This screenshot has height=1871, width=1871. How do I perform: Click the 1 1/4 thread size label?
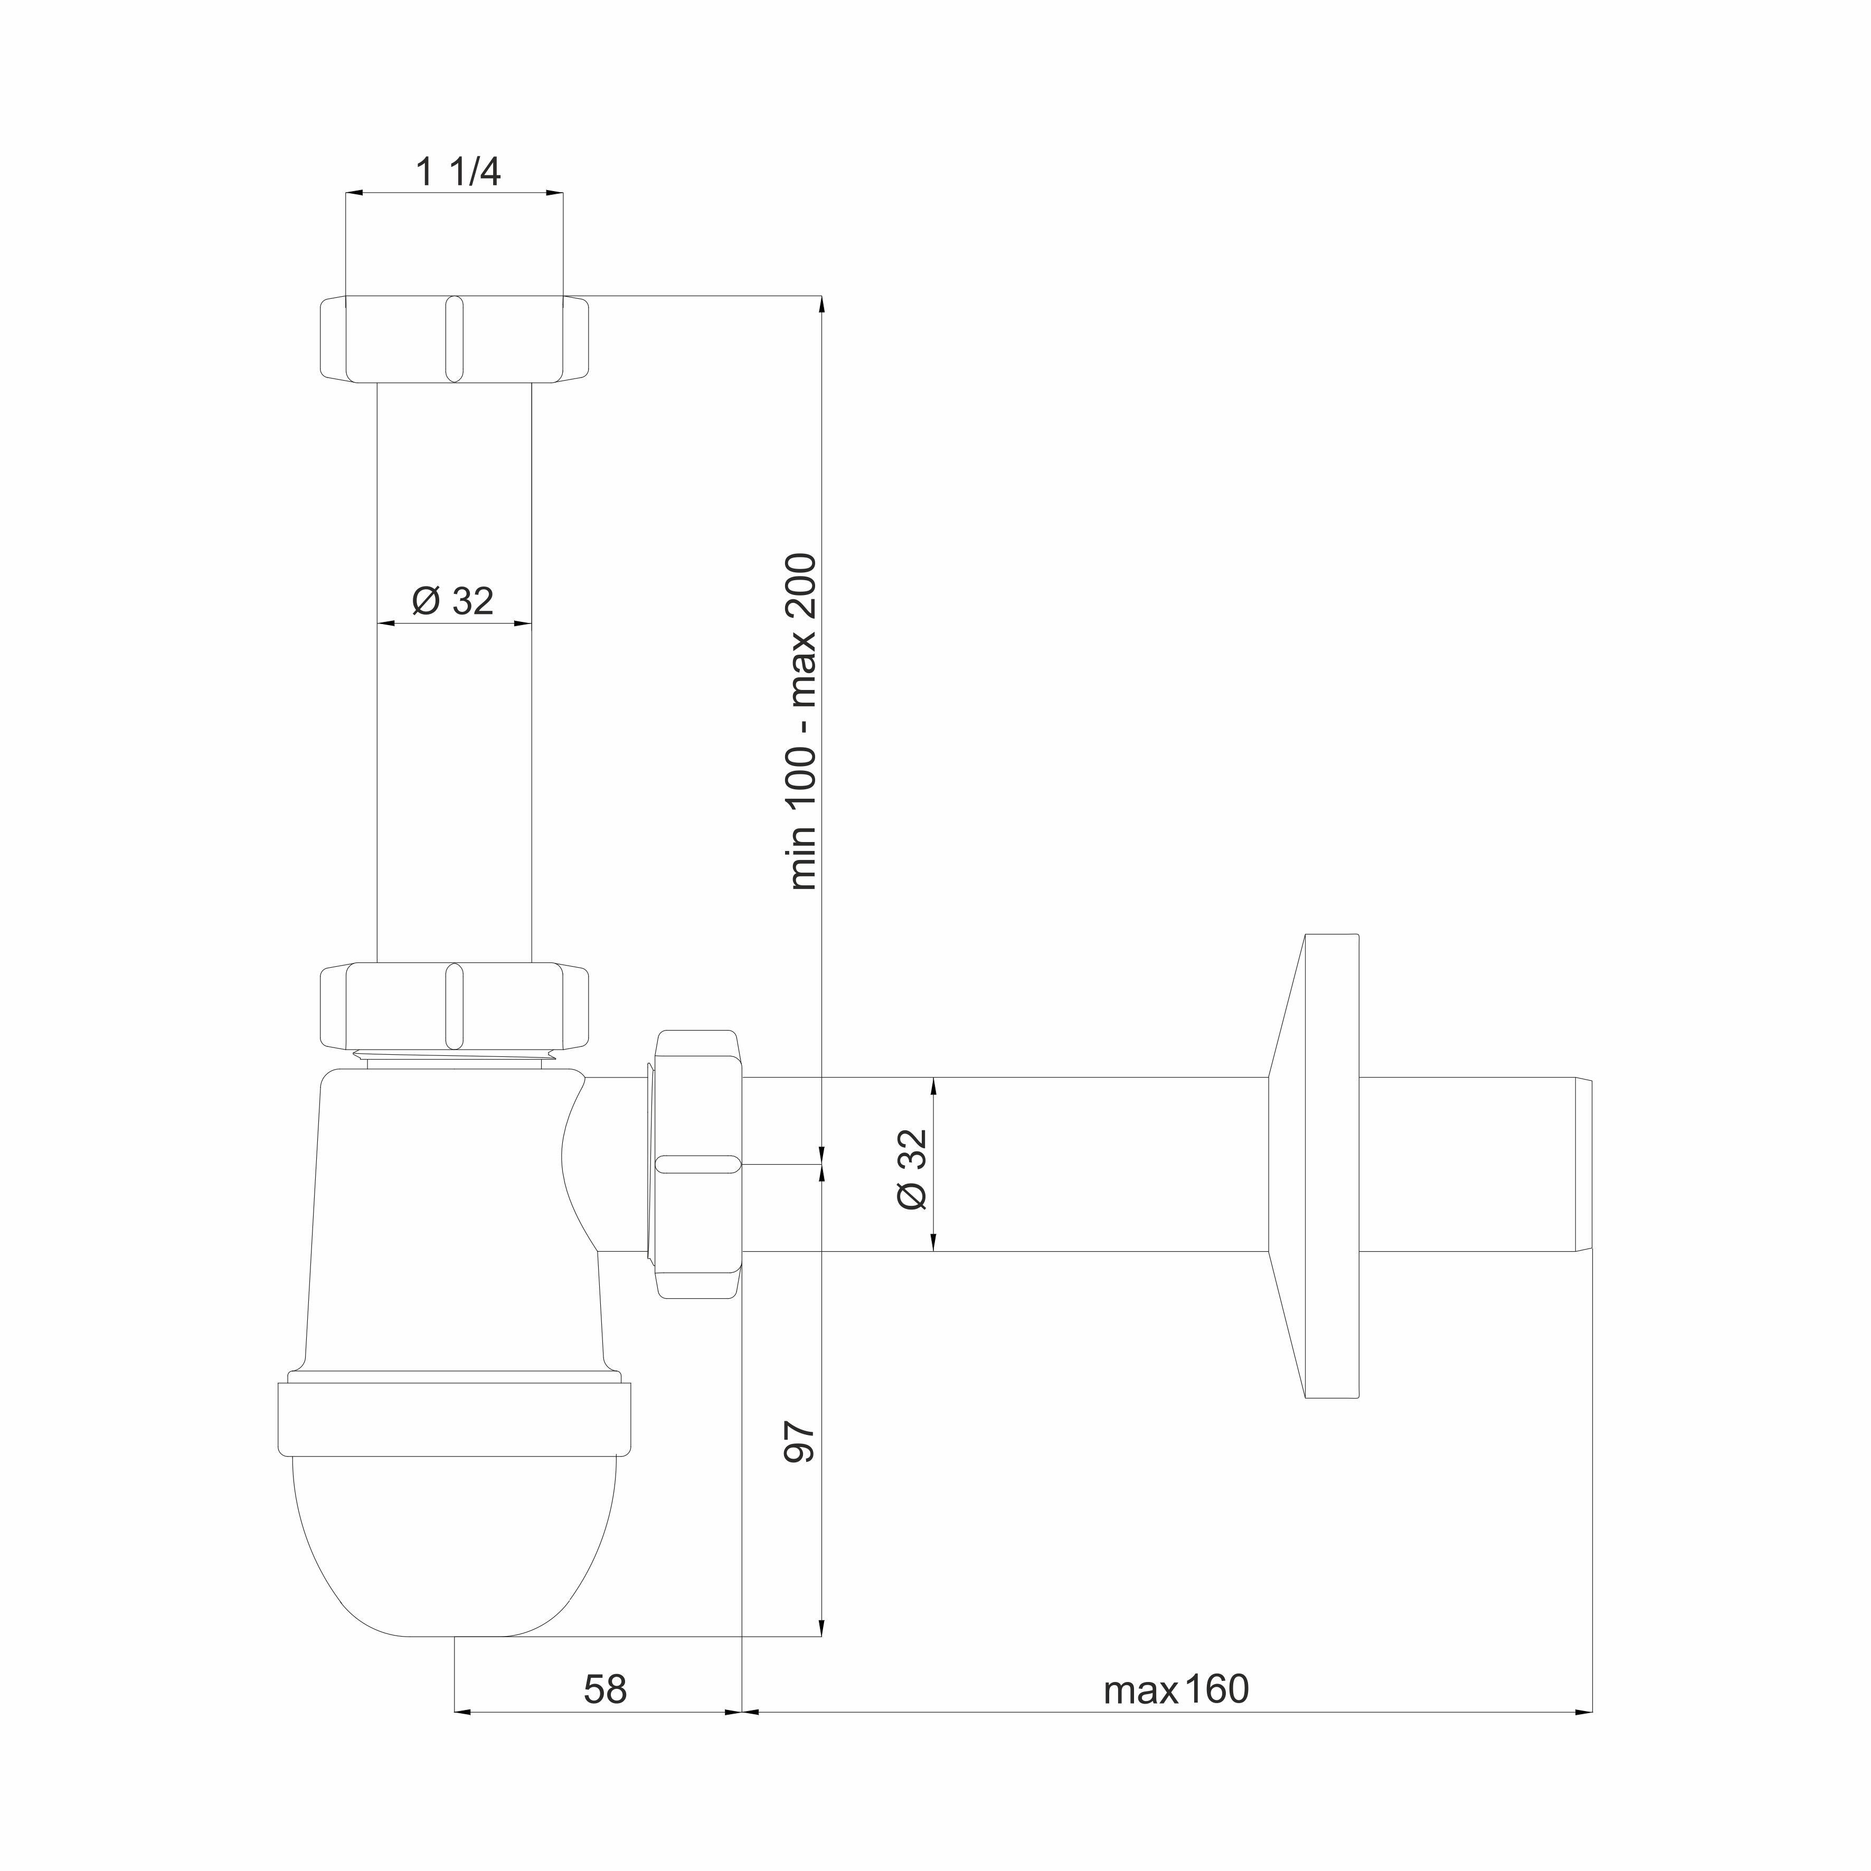(x=458, y=173)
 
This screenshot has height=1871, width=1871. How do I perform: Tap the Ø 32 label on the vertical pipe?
(x=453, y=601)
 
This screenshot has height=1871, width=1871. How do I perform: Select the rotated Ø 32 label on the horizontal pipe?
(x=912, y=1169)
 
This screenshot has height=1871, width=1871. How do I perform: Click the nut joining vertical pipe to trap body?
(x=454, y=1006)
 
